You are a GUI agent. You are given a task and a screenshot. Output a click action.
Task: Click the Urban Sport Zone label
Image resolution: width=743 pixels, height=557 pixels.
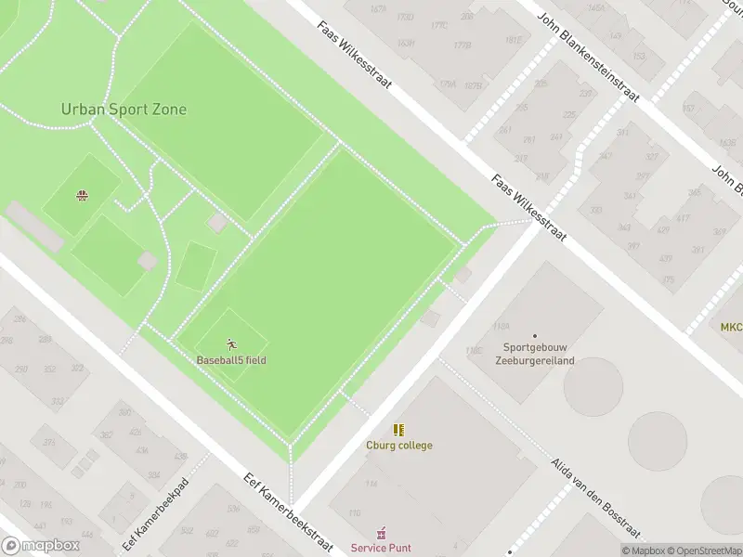tap(124, 110)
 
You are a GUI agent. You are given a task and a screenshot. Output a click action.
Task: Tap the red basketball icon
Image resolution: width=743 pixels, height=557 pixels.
tap(82, 195)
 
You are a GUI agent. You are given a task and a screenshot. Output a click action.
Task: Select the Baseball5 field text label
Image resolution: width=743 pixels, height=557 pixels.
tap(230, 360)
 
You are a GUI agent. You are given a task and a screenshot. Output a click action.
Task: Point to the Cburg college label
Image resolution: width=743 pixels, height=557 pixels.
tap(398, 446)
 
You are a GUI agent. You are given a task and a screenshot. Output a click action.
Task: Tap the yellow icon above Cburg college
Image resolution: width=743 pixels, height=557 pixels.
tap(398, 430)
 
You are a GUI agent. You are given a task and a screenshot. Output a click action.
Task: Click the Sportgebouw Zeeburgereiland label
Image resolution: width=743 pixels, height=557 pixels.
tap(534, 355)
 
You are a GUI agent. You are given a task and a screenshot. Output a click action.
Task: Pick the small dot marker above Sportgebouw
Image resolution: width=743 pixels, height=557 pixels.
tap(534, 336)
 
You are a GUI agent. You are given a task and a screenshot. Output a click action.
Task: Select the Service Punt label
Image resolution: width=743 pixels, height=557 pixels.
tap(381, 548)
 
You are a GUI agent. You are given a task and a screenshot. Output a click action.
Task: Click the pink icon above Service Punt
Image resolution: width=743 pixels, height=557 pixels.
tap(381, 533)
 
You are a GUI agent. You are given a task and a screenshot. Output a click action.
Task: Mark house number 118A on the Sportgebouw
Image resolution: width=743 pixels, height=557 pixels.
tap(502, 326)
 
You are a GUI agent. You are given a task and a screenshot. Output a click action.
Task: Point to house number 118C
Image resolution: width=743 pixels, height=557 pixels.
tap(474, 351)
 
